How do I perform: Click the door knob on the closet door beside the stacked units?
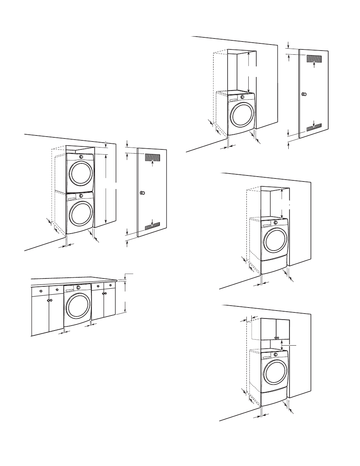[142, 193]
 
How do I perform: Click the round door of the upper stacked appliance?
[80, 173]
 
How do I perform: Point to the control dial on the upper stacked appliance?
[82, 156]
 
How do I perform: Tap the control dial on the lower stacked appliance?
[81, 196]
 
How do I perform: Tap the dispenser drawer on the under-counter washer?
[69, 289]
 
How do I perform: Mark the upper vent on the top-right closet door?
[314, 58]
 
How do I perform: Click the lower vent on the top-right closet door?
[314, 127]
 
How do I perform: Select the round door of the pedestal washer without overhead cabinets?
[275, 241]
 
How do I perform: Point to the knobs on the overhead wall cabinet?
[277, 337]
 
